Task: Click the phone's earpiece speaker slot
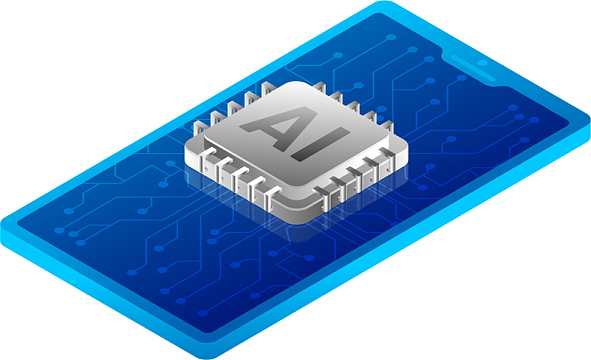point(473,67)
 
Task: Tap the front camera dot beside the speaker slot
point(482,63)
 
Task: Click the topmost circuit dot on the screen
point(392,37)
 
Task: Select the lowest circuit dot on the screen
point(203,313)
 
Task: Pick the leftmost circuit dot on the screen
point(59,230)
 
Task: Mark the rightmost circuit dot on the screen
point(534,120)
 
